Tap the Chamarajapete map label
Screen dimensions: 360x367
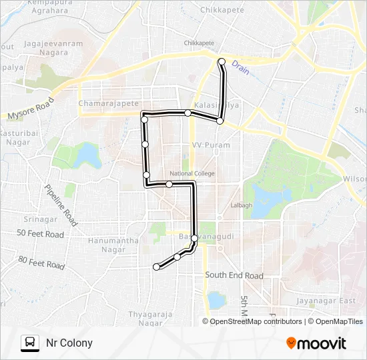(108, 103)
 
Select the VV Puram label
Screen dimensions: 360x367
(211, 145)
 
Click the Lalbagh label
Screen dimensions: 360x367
(241, 205)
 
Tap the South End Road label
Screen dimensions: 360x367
(234, 275)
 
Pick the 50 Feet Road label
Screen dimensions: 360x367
(41, 234)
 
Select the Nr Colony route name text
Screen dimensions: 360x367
(69, 343)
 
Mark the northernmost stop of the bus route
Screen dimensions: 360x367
(222, 62)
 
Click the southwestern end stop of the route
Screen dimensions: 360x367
(157, 267)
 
